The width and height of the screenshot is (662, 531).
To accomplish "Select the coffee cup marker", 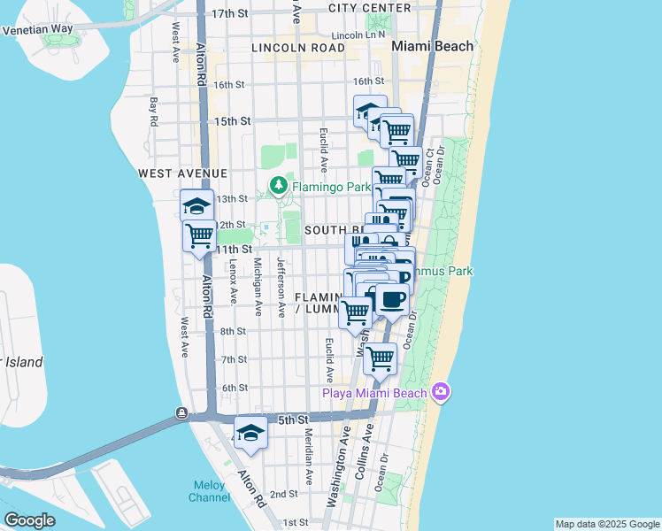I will tap(392, 300).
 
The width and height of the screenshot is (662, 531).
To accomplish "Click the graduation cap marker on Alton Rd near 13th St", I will tap(196, 206).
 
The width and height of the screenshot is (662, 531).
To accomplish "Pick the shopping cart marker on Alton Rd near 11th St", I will tap(200, 235).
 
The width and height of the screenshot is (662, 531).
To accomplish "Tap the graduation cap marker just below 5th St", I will tap(251, 433).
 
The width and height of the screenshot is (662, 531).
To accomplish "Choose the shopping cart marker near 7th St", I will tap(380, 358).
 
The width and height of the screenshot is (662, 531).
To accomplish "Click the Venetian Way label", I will tap(38, 29).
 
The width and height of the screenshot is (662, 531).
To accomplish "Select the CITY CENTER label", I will tap(369, 8).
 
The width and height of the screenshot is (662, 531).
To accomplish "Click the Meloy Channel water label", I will tap(210, 491).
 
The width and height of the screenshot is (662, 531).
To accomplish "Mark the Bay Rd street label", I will tap(154, 111).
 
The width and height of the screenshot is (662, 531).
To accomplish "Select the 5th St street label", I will tap(292, 418).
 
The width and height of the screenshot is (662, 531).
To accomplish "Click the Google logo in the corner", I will tap(29, 520).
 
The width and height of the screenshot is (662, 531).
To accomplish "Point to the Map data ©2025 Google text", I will tap(606, 524).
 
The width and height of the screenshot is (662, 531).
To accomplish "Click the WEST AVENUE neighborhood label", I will tap(182, 173).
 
